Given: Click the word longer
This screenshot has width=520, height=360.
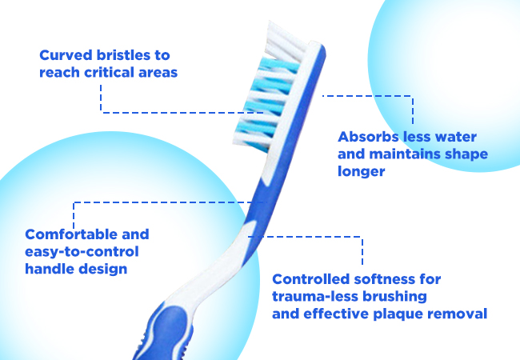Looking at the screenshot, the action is (362, 172).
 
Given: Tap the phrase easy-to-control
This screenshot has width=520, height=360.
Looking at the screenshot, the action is (82, 252).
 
